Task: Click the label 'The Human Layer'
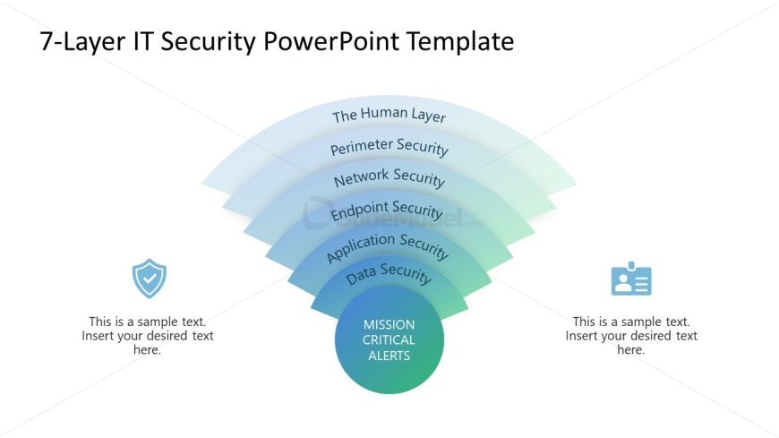[389, 116]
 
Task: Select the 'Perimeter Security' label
[389, 147]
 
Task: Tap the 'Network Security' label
[389, 177]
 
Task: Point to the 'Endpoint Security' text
[387, 211]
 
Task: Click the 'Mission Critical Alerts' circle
[389, 340]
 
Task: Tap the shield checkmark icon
[149, 279]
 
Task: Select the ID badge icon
[631, 279]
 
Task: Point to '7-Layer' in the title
[76, 42]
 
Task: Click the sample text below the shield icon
[148, 336]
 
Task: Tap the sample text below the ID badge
[631, 336]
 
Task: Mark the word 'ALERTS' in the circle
[389, 356]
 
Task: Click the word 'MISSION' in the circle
[389, 324]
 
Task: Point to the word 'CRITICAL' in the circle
[389, 340]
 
